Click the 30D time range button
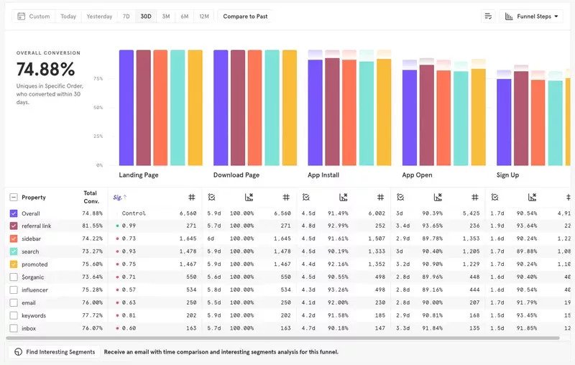pyautogui.click(x=146, y=16)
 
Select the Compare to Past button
pyautogui.click(x=245, y=16)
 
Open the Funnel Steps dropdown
pyautogui.click(x=531, y=16)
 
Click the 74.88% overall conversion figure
pyautogui.click(x=46, y=70)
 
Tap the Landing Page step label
pyautogui.click(x=139, y=175)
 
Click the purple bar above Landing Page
pyautogui.click(x=126, y=108)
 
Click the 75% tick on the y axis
pyautogui.click(x=98, y=79)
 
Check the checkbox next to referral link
pyautogui.click(x=14, y=226)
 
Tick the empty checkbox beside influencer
pyautogui.click(x=14, y=290)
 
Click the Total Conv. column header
pyautogui.click(x=91, y=197)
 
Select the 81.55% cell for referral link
pyautogui.click(x=93, y=226)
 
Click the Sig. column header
pyautogui.click(x=119, y=197)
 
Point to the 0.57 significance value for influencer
pyautogui.click(x=129, y=290)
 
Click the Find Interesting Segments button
pyautogui.click(x=55, y=352)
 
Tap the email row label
pyautogui.click(x=29, y=303)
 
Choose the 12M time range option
pyautogui.click(x=204, y=16)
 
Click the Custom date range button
pyautogui.click(x=34, y=16)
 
